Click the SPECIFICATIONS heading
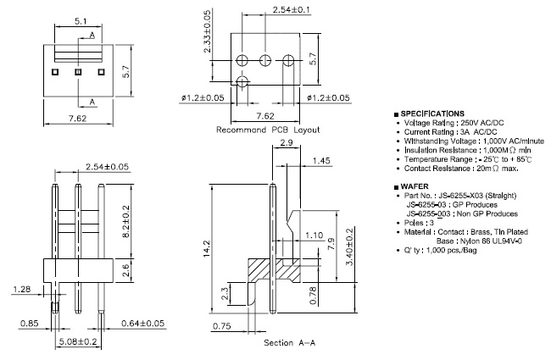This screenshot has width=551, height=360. pos(431,113)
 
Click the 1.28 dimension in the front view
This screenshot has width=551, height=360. pos(23,290)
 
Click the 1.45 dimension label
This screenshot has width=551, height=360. pos(320,160)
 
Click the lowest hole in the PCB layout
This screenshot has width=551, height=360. pos(242,82)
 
